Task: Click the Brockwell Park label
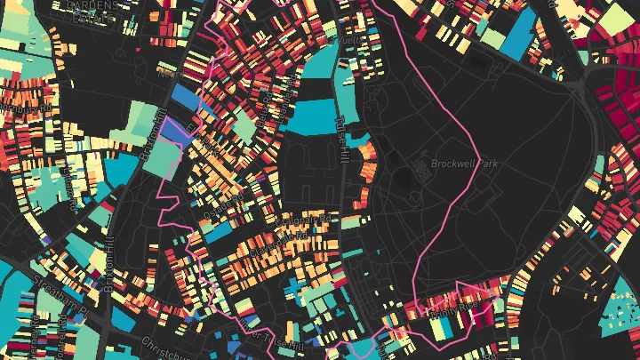(461, 164)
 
